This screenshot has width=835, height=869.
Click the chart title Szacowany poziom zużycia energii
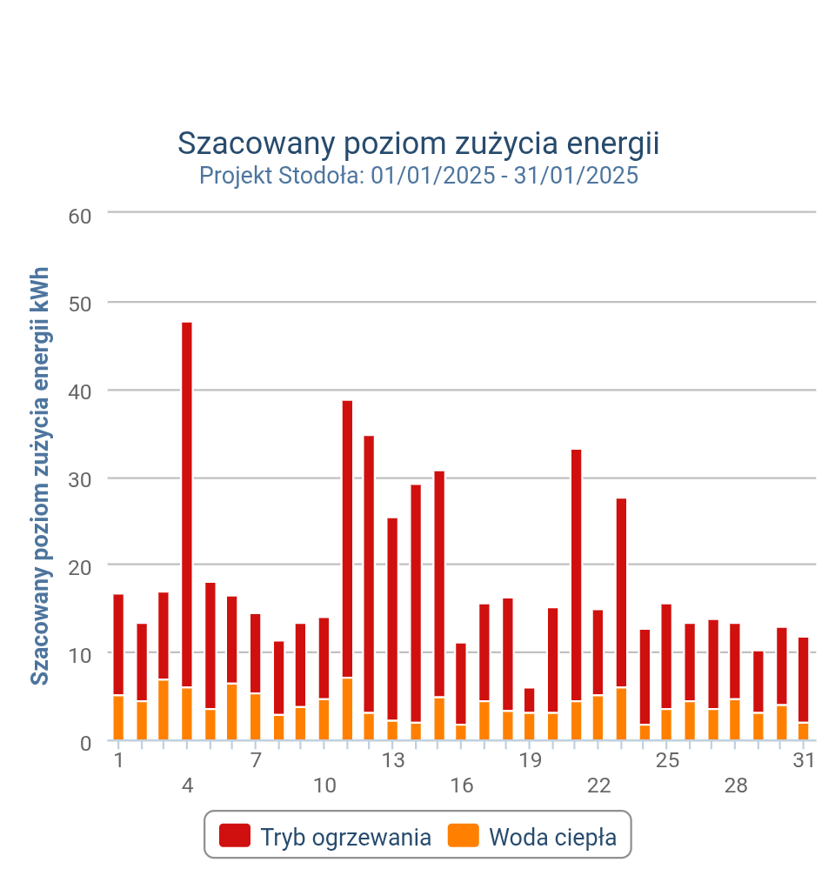[418, 144]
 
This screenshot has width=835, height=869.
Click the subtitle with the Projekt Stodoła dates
[418, 176]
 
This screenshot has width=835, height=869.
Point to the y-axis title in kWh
[39, 476]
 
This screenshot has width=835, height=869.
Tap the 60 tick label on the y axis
[80, 214]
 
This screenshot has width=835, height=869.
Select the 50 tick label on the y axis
[80, 303]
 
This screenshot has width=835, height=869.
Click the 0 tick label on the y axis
[85, 743]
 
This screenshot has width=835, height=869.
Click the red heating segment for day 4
[187, 505]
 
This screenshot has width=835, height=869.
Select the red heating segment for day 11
[347, 538]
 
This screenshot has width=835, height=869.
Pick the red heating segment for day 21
[576, 575]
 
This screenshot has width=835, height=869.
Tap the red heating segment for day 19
[529, 700]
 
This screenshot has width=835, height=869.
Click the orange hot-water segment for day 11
[347, 709]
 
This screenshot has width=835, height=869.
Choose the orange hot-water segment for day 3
[164, 710]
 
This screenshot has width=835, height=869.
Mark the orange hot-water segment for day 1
[118, 719]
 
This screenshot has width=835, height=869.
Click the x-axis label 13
[393, 761]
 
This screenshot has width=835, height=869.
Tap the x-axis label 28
[736, 786]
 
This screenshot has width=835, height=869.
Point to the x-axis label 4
[187, 786]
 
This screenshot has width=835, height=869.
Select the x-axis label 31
[804, 761]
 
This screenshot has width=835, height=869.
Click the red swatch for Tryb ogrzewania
[235, 837]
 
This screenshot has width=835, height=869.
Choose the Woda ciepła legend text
[552, 838]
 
